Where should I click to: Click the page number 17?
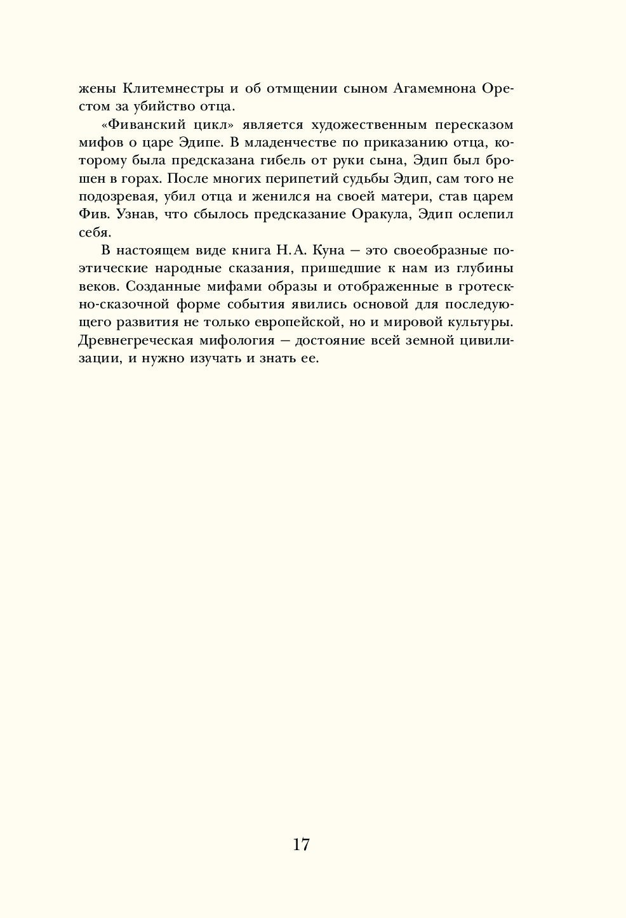click(x=301, y=844)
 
